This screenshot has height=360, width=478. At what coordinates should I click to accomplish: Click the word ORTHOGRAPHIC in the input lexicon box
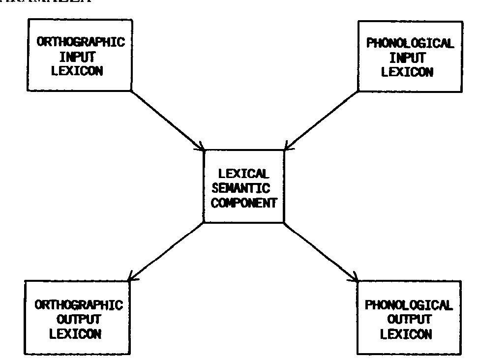coord(81,42)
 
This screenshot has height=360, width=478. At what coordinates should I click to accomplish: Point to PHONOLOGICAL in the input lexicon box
coord(410,43)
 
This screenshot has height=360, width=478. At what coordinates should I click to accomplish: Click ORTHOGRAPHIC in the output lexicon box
coord(79,305)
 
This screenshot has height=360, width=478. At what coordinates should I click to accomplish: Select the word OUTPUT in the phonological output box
coord(409,319)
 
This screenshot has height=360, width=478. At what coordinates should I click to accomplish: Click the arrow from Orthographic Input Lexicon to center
coord(168,120)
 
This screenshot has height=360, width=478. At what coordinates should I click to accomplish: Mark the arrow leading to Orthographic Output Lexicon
coord(167,251)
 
